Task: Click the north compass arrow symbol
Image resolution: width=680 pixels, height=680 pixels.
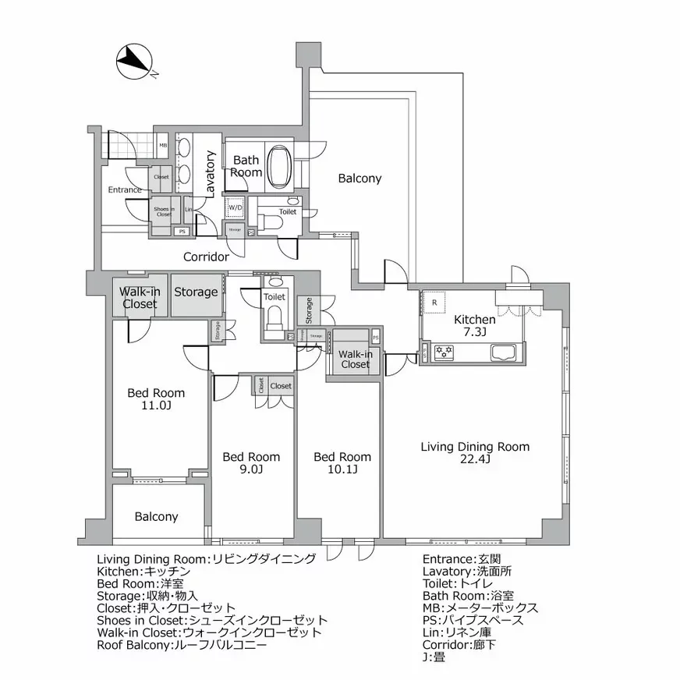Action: coord(135,61)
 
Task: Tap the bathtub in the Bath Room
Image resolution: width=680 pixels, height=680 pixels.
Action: coord(279,166)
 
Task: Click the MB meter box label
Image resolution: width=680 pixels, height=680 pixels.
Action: coord(163,145)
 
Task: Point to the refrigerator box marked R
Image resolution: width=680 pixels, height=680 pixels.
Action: coord(434,303)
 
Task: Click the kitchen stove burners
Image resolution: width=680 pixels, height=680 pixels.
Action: coord(444,353)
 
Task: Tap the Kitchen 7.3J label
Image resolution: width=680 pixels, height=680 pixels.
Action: coord(475,325)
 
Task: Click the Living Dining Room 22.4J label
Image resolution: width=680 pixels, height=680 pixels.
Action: coord(475,453)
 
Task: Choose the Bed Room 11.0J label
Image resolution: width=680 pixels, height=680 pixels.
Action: coord(156,399)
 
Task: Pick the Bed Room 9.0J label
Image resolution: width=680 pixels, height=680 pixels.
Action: coord(251,462)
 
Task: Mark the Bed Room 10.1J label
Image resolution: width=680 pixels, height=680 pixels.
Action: coord(342,462)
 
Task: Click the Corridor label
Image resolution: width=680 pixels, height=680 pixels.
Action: coord(206,257)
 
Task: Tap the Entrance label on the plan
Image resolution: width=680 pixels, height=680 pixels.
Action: coord(125,189)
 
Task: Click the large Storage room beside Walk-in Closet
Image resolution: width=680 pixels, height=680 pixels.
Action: coord(196,292)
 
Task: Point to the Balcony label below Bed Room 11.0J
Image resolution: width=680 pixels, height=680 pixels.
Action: coord(156,516)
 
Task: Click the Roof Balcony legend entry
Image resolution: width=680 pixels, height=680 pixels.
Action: coord(182,646)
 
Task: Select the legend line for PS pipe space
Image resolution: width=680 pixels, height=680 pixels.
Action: coord(478,620)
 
